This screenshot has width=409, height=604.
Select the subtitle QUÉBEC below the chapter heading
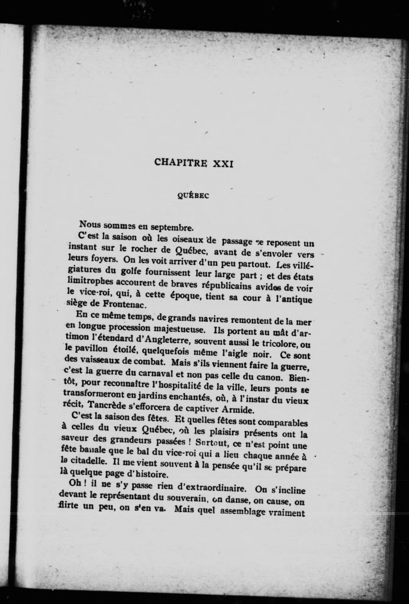coord(193,196)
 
